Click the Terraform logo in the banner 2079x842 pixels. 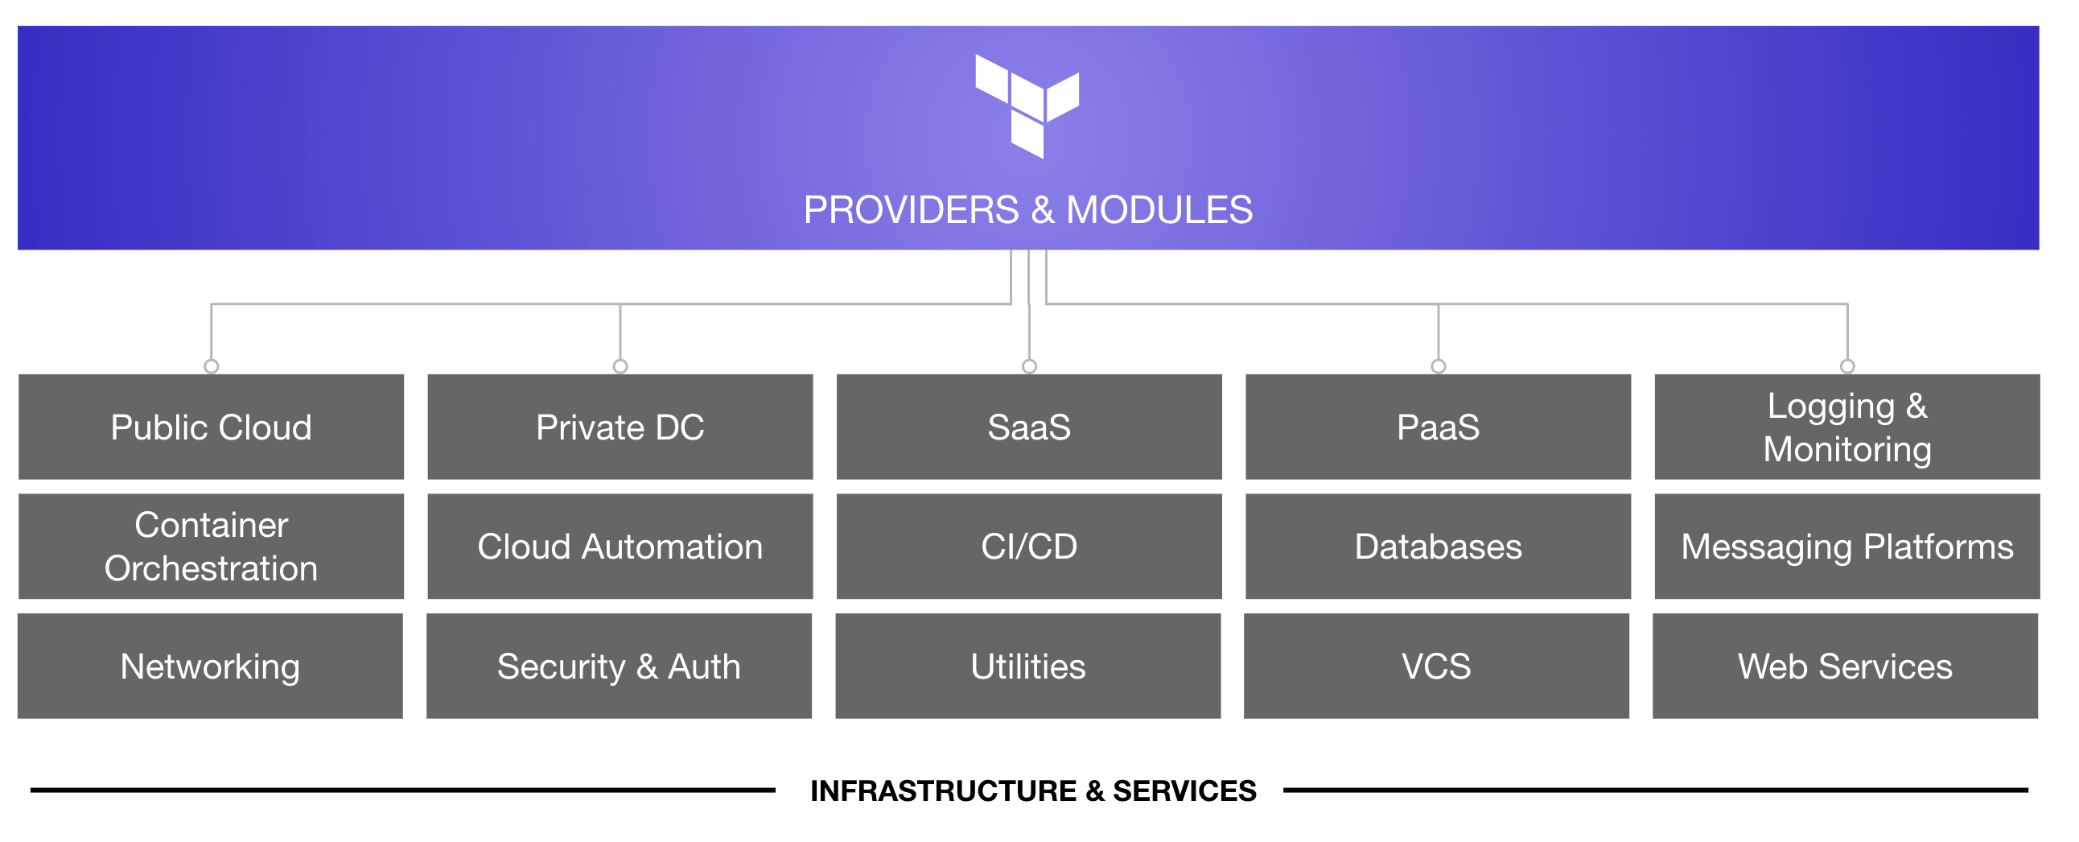point(1027,105)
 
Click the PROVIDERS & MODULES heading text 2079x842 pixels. point(1027,210)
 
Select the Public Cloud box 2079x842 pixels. point(212,427)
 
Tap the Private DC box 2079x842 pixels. point(620,427)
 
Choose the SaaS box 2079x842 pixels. point(1029,427)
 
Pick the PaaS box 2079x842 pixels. point(1439,427)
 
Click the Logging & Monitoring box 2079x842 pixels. point(1846,427)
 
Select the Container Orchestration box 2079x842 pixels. point(212,547)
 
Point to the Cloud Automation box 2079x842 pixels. point(620,547)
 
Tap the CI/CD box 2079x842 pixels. point(1029,547)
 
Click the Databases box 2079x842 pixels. point(1439,547)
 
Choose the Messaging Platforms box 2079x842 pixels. point(1846,547)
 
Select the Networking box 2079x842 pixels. point(210,666)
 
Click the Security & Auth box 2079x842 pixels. point(619,666)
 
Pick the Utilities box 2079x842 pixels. point(1028,666)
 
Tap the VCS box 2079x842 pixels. point(1437,666)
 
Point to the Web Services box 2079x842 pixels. point(1845,666)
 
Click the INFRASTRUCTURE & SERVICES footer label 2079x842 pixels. point(1033,790)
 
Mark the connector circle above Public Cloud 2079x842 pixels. point(212,366)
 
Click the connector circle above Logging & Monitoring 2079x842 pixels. point(1847,366)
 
